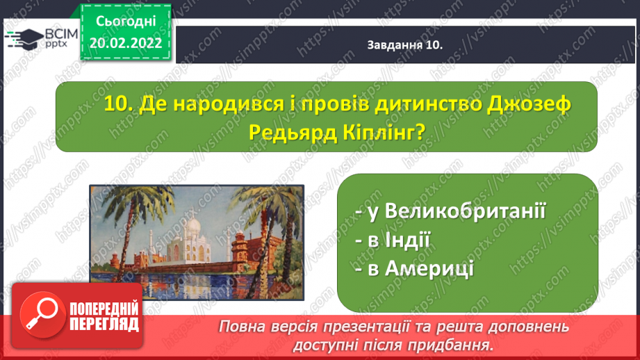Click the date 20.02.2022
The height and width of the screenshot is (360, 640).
126,43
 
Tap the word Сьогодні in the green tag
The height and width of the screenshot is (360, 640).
126,22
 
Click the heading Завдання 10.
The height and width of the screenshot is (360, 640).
405,45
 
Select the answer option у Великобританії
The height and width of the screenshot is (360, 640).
450,211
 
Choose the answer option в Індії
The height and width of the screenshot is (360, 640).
393,240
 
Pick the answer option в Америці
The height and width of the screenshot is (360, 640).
414,268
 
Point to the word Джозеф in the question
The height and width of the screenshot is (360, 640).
529,105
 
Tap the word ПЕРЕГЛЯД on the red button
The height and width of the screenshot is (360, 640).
104,325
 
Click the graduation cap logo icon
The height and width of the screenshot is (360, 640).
24,39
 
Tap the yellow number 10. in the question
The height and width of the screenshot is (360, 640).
119,104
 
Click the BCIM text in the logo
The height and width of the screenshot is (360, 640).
61,34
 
